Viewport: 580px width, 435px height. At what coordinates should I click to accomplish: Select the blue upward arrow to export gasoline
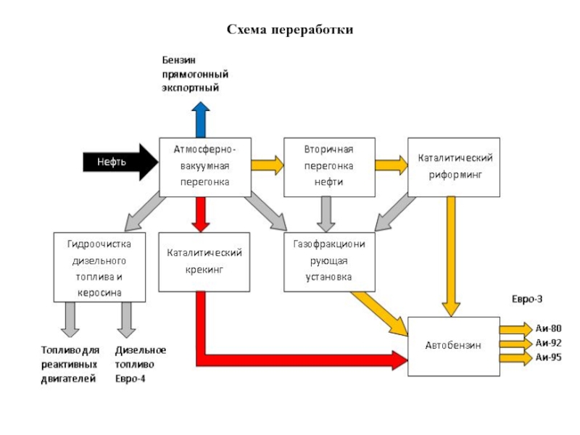pyautogui.click(x=200, y=120)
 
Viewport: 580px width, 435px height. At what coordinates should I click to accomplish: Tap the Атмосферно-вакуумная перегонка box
pyautogui.click(x=205, y=167)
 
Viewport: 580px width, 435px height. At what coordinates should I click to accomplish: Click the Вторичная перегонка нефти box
pyautogui.click(x=328, y=167)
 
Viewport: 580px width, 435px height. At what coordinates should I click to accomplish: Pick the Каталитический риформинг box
pyautogui.click(x=454, y=167)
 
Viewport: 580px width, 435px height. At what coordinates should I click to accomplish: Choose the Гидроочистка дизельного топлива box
pyautogui.click(x=99, y=267)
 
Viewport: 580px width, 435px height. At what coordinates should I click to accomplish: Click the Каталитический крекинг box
pyautogui.click(x=204, y=262)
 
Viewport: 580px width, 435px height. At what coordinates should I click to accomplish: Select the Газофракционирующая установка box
pyautogui.click(x=329, y=262)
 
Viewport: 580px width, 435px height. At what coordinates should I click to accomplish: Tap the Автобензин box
pyautogui.click(x=453, y=346)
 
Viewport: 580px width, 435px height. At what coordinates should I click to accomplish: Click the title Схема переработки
pyautogui.click(x=290, y=30)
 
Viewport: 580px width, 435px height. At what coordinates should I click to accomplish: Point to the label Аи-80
pyautogui.click(x=549, y=328)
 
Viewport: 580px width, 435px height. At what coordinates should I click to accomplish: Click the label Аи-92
pyautogui.click(x=549, y=343)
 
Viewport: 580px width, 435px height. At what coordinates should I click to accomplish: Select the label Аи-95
pyautogui.click(x=549, y=357)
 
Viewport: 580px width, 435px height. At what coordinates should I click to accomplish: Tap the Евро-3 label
pyautogui.click(x=527, y=299)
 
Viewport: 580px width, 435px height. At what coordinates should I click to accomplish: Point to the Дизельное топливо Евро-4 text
pyautogui.click(x=140, y=364)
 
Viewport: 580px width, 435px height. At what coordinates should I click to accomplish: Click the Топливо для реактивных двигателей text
pyautogui.click(x=70, y=364)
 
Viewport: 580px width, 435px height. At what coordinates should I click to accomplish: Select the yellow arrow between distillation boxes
pyautogui.click(x=268, y=165)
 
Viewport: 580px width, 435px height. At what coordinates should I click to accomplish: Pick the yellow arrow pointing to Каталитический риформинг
pyautogui.click(x=392, y=165)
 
